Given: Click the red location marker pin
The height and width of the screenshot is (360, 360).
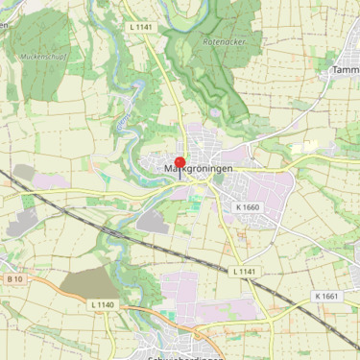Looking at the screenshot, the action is [x=180, y=164].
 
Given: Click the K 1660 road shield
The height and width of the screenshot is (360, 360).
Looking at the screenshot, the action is [x=247, y=206].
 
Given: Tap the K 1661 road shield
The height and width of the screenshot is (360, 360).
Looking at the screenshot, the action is [x=326, y=296].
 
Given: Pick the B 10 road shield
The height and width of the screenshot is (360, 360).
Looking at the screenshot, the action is [x=14, y=278].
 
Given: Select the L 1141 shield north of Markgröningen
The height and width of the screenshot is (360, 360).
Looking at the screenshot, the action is [x=141, y=28].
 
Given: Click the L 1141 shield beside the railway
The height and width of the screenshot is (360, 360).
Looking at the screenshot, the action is [x=245, y=272].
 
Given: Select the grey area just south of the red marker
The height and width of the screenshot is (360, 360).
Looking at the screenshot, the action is [x=155, y=222].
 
